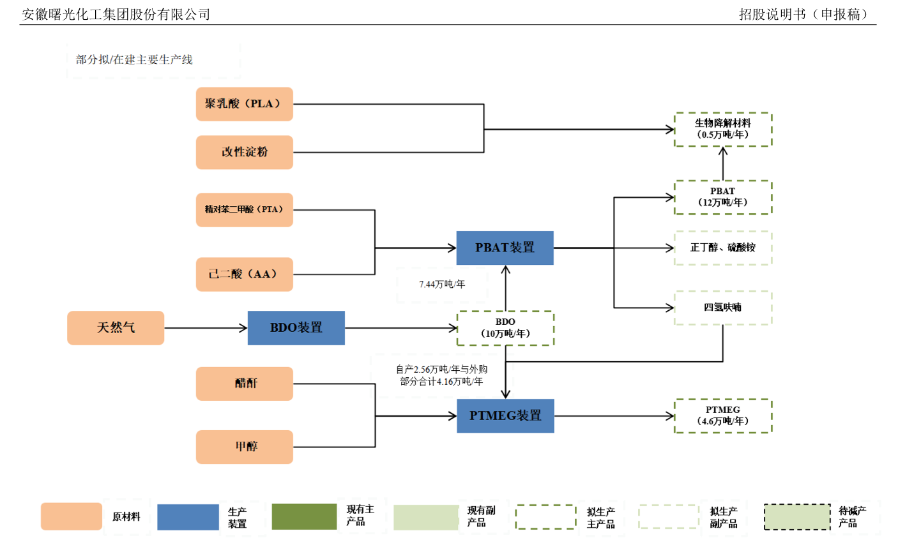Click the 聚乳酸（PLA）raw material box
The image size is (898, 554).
click(x=244, y=104)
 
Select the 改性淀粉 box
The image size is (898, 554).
click(x=244, y=152)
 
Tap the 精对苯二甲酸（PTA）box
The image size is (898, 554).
click(x=244, y=209)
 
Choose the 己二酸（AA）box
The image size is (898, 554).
click(x=244, y=274)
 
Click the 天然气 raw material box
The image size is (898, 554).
click(x=116, y=327)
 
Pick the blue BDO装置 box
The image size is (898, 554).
click(x=296, y=327)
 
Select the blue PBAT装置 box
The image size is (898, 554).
click(x=505, y=248)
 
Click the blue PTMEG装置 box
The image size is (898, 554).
click(x=505, y=415)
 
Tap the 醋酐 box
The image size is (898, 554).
click(x=244, y=383)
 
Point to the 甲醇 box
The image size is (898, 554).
click(x=244, y=446)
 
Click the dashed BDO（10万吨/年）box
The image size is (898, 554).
click(x=505, y=328)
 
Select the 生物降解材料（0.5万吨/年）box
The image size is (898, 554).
click(x=723, y=129)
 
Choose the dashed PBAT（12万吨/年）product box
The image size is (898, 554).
click(x=723, y=197)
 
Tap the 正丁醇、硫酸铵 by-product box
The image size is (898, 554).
click(x=723, y=248)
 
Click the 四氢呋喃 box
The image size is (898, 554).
click(x=723, y=308)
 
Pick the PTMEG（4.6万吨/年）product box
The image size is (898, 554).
click(x=723, y=415)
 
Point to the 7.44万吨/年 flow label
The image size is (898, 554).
click(x=442, y=284)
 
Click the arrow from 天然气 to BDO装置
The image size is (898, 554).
click(x=206, y=328)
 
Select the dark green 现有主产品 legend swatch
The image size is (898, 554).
click(x=304, y=516)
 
